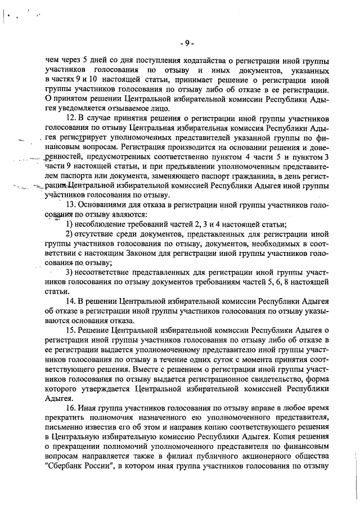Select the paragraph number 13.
click(x=71, y=204)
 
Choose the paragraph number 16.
click(x=71, y=408)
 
